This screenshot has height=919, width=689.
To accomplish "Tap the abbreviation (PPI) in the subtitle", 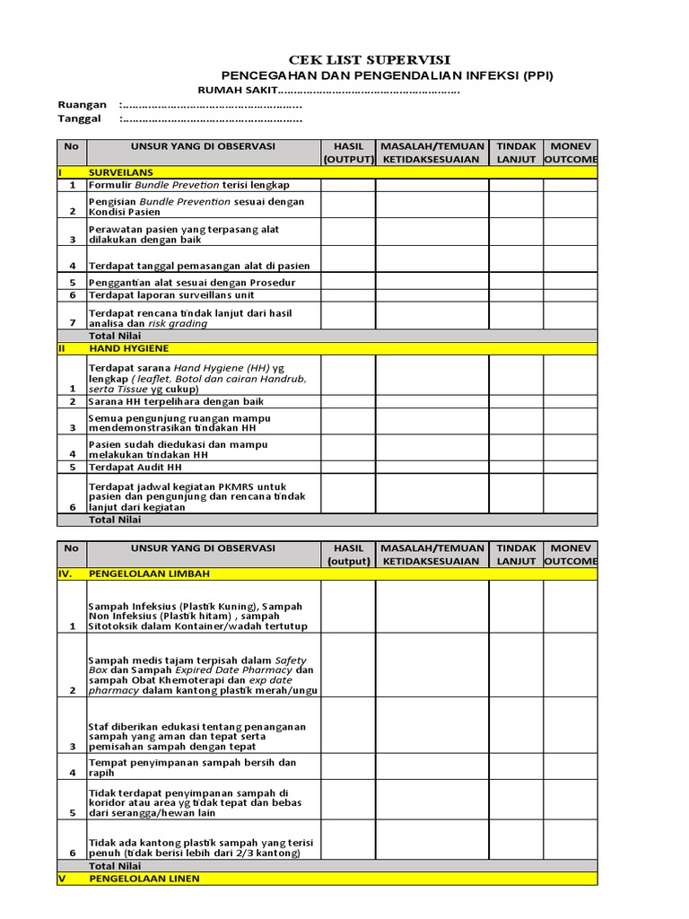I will pyautogui.click(x=536, y=75).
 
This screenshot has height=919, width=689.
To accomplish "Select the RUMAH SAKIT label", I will pyautogui.click(x=237, y=91).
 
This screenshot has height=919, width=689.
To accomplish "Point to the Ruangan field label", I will pyautogui.click(x=82, y=105).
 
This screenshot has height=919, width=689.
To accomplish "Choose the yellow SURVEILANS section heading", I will pyautogui.click(x=120, y=171).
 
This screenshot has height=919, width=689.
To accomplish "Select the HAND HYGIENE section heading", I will pyautogui.click(x=128, y=348).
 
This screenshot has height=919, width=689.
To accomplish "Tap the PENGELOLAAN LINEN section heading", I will pyautogui.click(x=144, y=879).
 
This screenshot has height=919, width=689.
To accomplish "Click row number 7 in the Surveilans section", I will pyautogui.click(x=72, y=322).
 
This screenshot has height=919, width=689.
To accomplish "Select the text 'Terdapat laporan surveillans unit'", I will pyautogui.click(x=171, y=294).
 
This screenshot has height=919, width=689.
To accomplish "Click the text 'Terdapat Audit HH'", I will pyautogui.click(x=135, y=467).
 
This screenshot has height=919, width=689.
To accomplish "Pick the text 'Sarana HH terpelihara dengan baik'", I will pyautogui.click(x=176, y=401).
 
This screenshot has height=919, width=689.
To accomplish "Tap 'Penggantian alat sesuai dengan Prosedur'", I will pyautogui.click(x=191, y=282).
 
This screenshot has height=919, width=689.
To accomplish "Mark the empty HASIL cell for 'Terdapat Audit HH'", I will pyautogui.click(x=348, y=467).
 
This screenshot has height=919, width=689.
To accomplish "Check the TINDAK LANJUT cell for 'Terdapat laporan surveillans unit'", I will pyautogui.click(x=516, y=294).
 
